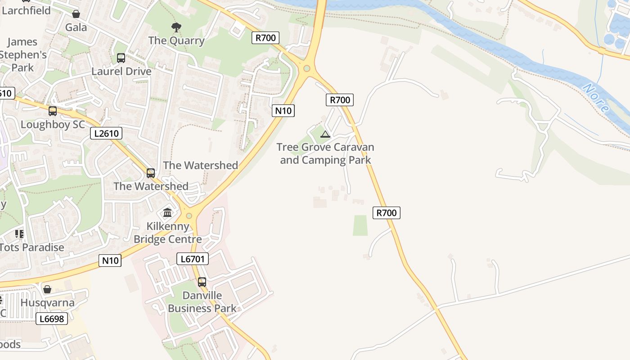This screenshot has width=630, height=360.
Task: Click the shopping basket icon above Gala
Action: click(76, 14)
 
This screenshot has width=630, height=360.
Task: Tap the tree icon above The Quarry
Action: click(176, 27)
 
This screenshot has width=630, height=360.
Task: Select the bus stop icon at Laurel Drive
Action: click(121, 58)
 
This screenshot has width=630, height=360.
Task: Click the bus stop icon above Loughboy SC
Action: click(53, 111)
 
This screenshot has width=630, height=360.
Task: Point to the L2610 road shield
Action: click(106, 133)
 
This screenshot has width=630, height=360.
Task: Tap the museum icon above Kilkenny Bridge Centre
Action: click(167, 212)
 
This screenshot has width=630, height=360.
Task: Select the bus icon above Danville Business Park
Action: click(202, 282)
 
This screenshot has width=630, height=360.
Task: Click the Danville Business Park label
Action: click(202, 302)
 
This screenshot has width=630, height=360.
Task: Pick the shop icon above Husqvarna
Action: click(47, 289)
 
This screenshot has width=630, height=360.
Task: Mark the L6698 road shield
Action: click(52, 319)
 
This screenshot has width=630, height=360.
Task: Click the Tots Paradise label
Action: click(31, 247)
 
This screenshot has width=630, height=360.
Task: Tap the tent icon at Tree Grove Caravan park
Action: click(325, 134)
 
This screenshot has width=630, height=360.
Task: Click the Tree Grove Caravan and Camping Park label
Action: click(325, 153)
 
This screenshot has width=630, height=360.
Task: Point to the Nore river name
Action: click(596, 98)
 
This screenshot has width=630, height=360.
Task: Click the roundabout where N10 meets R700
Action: click(307, 68)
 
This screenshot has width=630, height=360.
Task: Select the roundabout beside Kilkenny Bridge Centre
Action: click(189, 216)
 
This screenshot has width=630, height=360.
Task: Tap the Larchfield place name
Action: click(26, 10)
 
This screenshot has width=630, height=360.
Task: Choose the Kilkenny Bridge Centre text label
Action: click(167, 233)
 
